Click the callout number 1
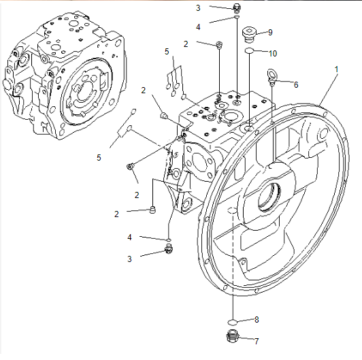click(x=336, y=69)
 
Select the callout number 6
click(x=296, y=85)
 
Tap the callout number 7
click(x=257, y=341)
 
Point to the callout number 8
click(x=257, y=320)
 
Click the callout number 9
click(x=270, y=33)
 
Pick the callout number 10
click(x=273, y=54)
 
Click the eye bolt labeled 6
click(x=271, y=76)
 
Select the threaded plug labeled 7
click(x=233, y=336)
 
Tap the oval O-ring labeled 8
click(x=233, y=321)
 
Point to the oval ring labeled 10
click(x=249, y=50)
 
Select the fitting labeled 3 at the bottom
click(x=169, y=249)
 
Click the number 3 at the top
click(x=198, y=8)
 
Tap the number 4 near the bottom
click(x=129, y=237)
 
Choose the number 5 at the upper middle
click(x=167, y=52)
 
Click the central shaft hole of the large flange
click(x=269, y=197)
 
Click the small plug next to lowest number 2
click(x=152, y=210)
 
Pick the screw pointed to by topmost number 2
click(x=218, y=45)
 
